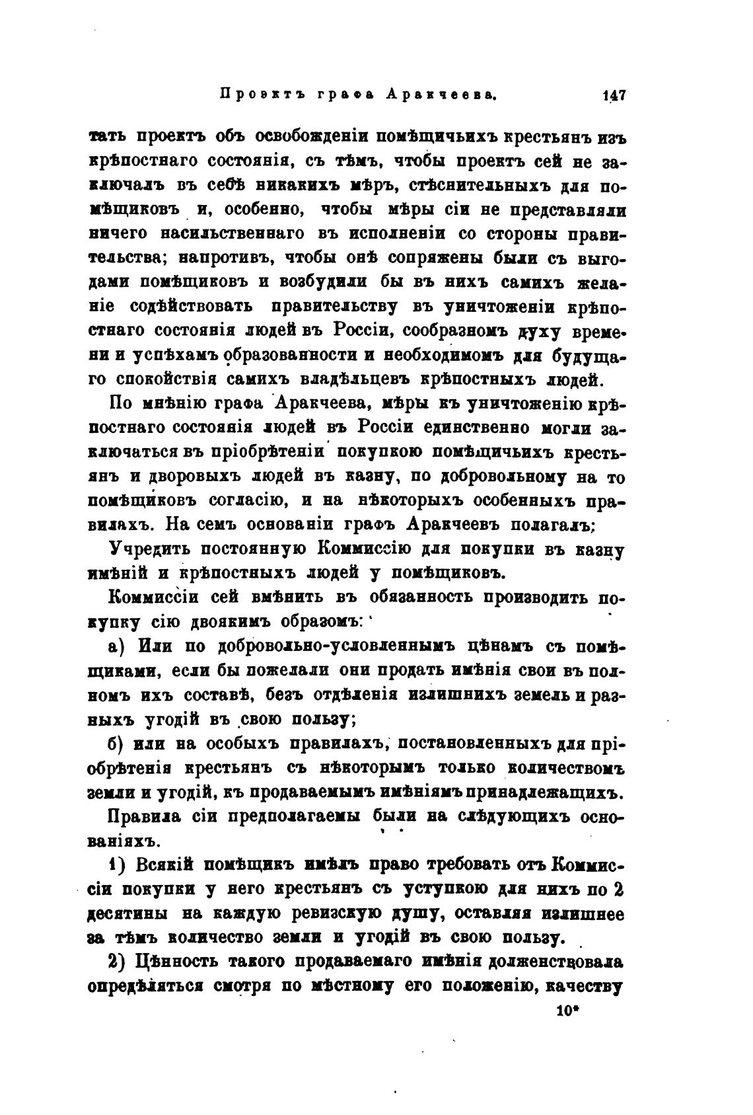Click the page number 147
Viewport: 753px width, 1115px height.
coord(614,95)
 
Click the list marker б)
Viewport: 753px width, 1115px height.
coord(118,744)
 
